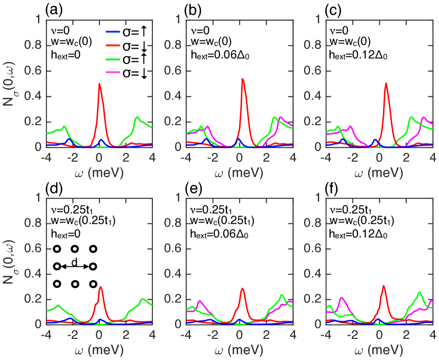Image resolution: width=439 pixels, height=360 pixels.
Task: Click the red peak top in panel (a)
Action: [x=99, y=84]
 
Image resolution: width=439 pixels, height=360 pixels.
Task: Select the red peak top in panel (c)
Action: [x=387, y=84]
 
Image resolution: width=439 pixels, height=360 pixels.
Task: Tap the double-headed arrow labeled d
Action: [x=74, y=267]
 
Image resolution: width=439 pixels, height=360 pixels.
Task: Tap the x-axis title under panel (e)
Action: [x=244, y=350]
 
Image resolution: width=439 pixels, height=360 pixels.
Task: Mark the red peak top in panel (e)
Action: [x=243, y=289]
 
